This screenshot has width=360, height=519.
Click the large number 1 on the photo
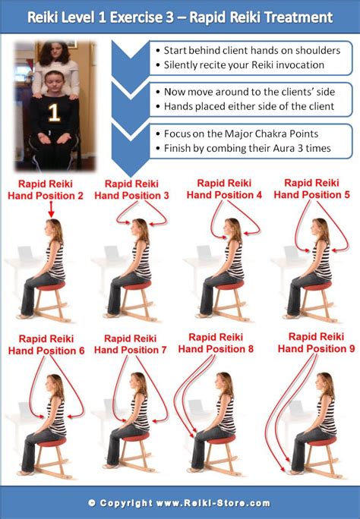coord(54,113)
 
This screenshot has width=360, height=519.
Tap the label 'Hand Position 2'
coord(46,196)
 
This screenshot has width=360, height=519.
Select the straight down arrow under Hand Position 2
coord(51,209)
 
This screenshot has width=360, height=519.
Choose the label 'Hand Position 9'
coord(316,348)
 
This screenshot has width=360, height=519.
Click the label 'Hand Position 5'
coord(311,194)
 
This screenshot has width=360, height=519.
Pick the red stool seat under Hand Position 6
coord(51,442)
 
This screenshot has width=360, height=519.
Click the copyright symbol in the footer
coord(92,503)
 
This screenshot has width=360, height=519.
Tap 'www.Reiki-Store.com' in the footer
coord(213,503)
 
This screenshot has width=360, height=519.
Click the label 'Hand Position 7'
coord(130,350)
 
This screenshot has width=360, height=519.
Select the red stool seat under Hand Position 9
coord(319,441)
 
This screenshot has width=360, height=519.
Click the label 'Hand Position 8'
coord(216,349)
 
